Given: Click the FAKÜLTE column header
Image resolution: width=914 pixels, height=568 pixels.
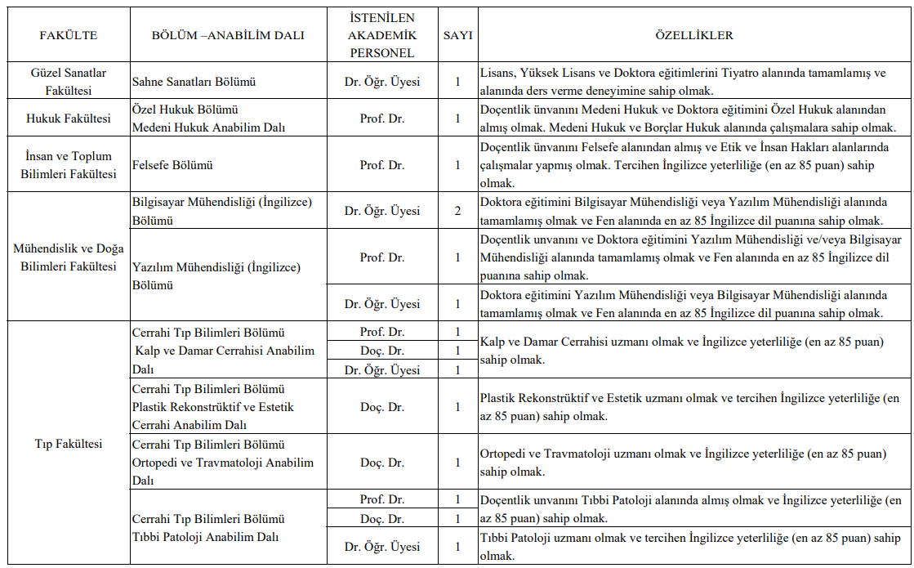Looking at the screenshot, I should (69, 35).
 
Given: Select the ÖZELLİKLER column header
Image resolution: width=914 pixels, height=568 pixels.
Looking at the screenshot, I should (694, 35).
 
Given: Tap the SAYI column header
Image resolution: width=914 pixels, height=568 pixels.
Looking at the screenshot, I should (458, 35).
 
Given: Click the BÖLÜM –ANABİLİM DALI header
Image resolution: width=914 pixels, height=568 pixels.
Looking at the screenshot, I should (228, 35).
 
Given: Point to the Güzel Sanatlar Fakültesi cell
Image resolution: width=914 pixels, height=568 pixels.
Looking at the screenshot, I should (69, 82).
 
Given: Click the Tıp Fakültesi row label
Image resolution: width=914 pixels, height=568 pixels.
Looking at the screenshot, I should (69, 444).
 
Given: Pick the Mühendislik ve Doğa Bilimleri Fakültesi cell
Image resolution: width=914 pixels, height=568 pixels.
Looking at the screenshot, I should (69, 257).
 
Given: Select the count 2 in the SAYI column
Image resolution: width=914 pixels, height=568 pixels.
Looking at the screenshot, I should (458, 211).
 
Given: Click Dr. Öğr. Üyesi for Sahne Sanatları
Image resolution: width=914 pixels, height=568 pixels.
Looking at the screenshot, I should (382, 82).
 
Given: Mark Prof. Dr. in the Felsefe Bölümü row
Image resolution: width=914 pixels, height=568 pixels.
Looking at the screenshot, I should (382, 165).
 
